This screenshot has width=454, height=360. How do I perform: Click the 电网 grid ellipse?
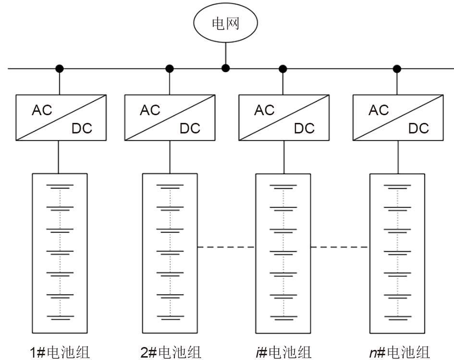coord(225,24)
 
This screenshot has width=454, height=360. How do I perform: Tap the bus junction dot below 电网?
coord(225,68)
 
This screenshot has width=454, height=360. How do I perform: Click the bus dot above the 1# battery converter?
coord(59,69)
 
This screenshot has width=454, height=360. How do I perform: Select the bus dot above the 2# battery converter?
coord(169,69)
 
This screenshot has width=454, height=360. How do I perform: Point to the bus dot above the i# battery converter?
coord(283,69)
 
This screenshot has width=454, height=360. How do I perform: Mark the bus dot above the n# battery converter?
coord(397,69)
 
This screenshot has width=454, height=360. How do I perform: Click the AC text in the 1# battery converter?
coord(42,110)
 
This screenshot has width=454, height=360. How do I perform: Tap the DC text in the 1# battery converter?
coord(82,128)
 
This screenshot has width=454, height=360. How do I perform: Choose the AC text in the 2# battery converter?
coord(150,110)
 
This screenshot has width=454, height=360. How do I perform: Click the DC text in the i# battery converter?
coord(304,128)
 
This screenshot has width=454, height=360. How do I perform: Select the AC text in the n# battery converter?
coord(379,110)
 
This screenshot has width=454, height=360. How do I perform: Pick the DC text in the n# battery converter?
coord(418,128)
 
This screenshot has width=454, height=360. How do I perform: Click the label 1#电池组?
coord(59,352)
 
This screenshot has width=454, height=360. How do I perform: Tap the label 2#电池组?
coord(171,352)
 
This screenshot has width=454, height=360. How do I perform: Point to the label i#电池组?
coord(283,352)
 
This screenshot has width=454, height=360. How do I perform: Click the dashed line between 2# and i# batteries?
coord(226,247)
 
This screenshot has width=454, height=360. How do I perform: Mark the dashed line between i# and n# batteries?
coord(339,247)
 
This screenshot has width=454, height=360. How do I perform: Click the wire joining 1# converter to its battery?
coord(59,157)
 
